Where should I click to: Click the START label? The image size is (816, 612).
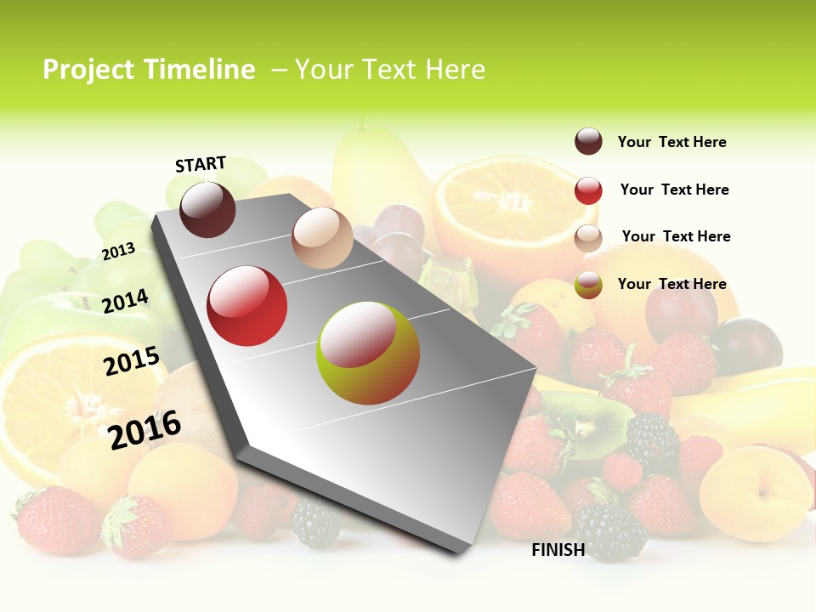click(201, 164)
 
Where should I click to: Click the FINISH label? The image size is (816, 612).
click(558, 550)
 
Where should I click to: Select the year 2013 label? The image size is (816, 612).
click(119, 251)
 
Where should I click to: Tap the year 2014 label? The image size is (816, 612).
click(126, 301)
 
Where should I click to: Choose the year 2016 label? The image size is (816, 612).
click(145, 429)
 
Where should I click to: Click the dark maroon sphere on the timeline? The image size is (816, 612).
click(207, 209)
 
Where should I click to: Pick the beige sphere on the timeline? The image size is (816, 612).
click(322, 238)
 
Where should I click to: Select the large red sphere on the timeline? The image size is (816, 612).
click(247, 306)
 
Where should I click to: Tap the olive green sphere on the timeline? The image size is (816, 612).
click(368, 353)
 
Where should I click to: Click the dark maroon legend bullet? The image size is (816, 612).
click(588, 141)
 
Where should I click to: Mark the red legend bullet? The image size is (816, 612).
click(588, 190)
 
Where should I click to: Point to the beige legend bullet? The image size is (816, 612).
click(588, 238)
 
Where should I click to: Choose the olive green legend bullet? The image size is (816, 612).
click(588, 285)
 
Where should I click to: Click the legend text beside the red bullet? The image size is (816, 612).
click(674, 190)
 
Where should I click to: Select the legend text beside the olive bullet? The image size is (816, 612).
click(671, 284)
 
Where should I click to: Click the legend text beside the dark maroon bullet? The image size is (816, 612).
click(671, 142)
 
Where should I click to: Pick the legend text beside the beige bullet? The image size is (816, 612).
click(676, 236)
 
